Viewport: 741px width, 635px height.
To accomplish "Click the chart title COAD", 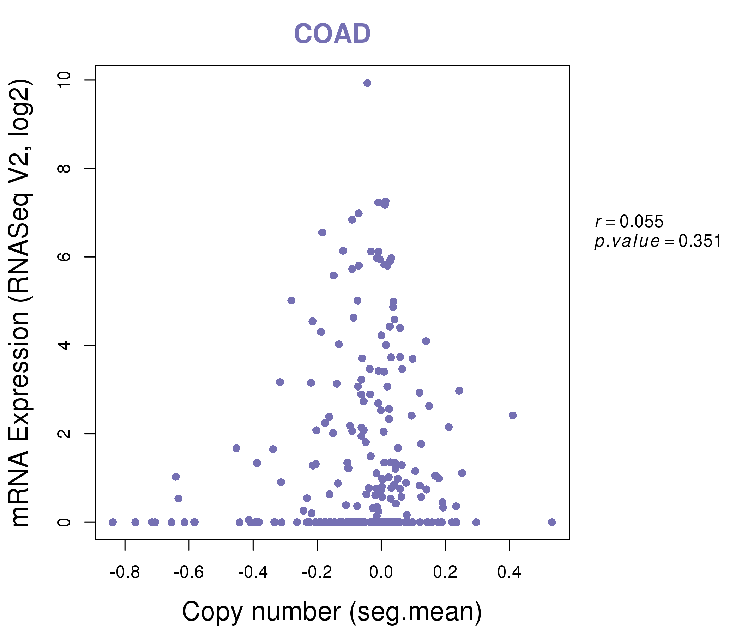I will click(332, 34).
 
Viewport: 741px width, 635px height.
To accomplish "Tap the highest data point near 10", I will click(367, 83).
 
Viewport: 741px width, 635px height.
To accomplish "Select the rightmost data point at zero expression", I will click(552, 522).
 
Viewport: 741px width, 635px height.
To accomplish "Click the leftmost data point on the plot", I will click(113, 522).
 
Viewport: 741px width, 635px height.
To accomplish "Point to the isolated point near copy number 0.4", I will click(513, 416).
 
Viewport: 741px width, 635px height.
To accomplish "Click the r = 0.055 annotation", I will click(629, 222).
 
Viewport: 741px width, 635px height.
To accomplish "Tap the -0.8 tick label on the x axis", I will click(125, 573).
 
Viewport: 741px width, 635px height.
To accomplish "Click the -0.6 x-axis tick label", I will click(189, 573).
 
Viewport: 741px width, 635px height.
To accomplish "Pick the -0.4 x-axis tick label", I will click(253, 573).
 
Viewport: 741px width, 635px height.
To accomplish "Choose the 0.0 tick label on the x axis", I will click(381, 573).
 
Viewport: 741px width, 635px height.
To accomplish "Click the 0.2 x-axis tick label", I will click(445, 573).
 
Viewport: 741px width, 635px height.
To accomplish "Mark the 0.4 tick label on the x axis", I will click(509, 573).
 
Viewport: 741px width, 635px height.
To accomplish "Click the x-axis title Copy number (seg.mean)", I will click(332, 612).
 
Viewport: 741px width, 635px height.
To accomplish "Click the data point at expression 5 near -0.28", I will click(291, 300).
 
